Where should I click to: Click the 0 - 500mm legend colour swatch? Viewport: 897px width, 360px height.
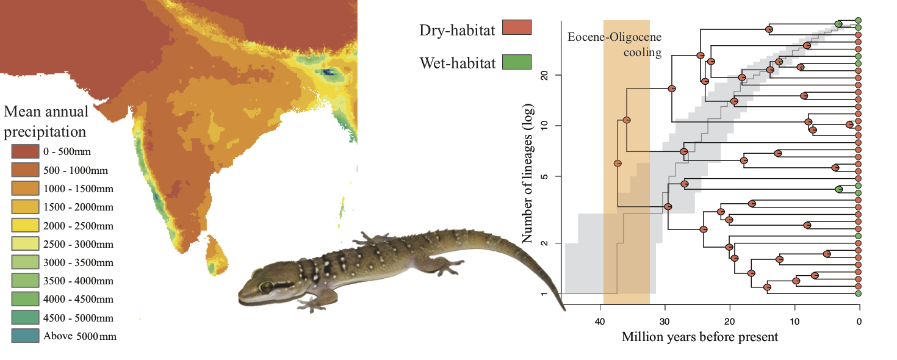[25, 151]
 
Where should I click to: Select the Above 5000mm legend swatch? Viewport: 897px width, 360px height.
[25, 336]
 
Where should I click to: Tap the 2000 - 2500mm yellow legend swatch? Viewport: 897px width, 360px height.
[25, 226]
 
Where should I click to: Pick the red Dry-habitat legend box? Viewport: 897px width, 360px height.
[516, 28]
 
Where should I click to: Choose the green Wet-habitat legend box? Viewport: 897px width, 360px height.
[516, 62]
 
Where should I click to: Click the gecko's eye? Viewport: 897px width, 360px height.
[267, 286]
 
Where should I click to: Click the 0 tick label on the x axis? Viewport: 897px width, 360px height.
[859, 322]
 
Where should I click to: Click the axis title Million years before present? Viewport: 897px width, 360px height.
[700, 337]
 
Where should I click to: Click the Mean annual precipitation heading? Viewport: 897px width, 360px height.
[46, 121]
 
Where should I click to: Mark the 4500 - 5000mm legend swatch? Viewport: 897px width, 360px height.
[25, 318]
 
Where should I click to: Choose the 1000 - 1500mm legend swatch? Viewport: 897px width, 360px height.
[25, 189]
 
